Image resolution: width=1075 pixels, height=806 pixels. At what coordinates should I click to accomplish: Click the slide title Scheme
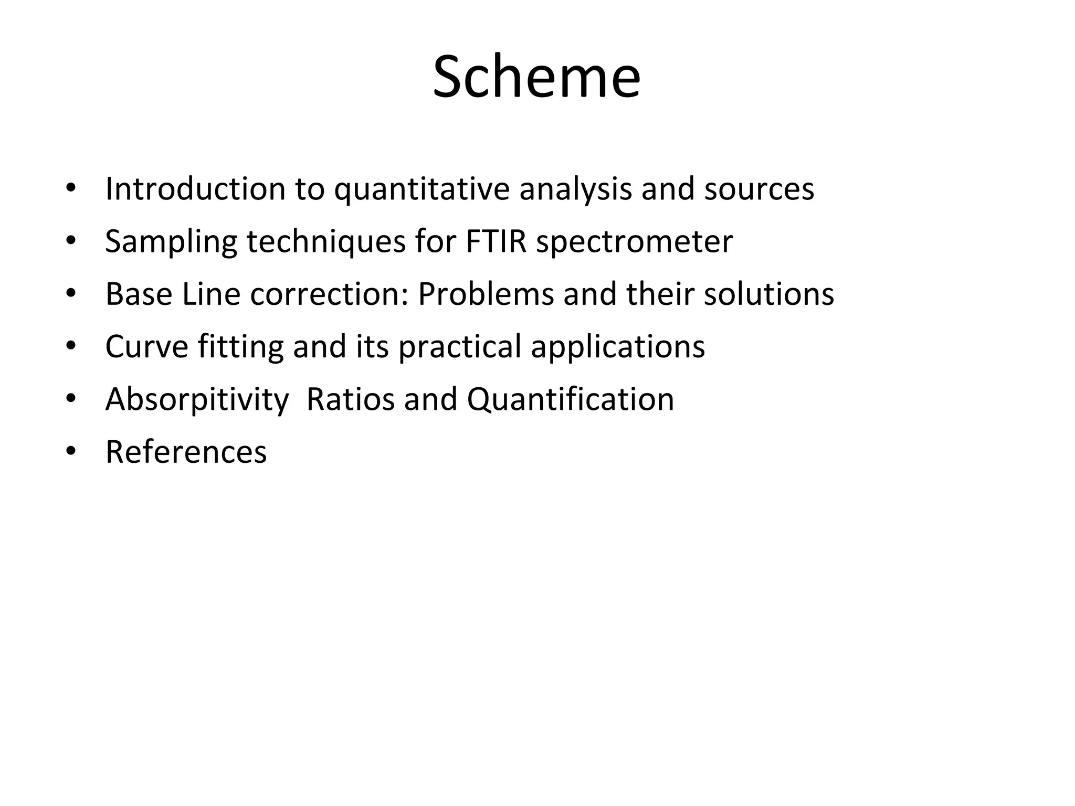[536, 77]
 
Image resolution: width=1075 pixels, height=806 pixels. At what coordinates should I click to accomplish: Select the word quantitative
[422, 189]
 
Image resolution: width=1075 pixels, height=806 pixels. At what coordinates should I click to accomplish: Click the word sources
[759, 189]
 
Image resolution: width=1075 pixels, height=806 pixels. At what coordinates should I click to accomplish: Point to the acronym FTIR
[496, 241]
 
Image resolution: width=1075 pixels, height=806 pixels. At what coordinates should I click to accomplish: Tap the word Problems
[486, 294]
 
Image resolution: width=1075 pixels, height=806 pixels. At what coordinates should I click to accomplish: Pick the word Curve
[146, 346]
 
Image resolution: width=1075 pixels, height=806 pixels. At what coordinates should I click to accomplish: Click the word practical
[459, 347]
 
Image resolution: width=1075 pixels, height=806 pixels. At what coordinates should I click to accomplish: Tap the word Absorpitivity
[197, 400]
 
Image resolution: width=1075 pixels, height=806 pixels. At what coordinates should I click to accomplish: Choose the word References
[186, 451]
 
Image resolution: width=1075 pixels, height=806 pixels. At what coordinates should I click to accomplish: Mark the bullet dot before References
[71, 450]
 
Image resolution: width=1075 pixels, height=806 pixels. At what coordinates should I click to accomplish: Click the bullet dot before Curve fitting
[71, 345]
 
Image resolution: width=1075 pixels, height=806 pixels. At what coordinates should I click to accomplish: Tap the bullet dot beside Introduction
[71, 188]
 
